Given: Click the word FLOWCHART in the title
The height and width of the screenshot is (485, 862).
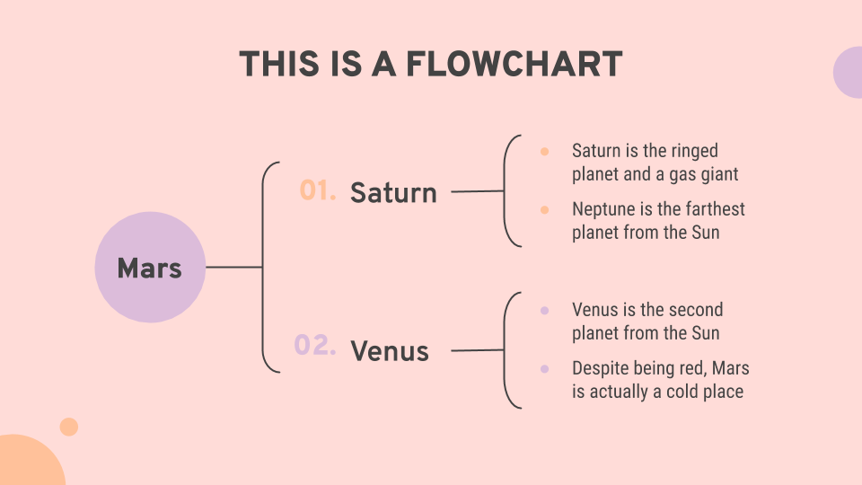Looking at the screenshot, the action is pyautogui.click(x=514, y=64).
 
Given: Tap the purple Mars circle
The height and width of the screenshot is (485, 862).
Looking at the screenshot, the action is pyautogui.click(x=150, y=268).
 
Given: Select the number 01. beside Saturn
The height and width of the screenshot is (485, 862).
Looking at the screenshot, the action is pyautogui.click(x=318, y=190).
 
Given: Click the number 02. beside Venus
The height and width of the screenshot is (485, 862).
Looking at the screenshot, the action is pyautogui.click(x=315, y=345).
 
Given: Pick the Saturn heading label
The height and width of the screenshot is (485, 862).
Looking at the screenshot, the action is pyautogui.click(x=393, y=192).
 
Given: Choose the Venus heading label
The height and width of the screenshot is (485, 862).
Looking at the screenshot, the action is pyautogui.click(x=390, y=351).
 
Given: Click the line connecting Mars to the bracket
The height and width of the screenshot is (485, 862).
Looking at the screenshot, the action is pyautogui.click(x=234, y=268).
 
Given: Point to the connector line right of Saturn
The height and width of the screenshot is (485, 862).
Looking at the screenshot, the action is pyautogui.click(x=478, y=191).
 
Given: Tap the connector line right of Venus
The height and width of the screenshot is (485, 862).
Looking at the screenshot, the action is pyautogui.click(x=478, y=349).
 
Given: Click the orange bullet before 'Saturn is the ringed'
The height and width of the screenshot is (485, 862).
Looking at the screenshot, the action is pyautogui.click(x=544, y=151).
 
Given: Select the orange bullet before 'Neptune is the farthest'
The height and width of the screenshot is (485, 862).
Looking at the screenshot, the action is pyautogui.click(x=544, y=209).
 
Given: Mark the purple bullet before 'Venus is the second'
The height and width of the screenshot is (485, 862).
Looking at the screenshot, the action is pyautogui.click(x=544, y=311).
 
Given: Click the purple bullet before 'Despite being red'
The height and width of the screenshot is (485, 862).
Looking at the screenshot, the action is pyautogui.click(x=544, y=369).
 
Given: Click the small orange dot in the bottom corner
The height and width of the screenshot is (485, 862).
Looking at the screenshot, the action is pyautogui.click(x=69, y=427).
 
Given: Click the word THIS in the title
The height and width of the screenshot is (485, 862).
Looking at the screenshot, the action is pyautogui.click(x=279, y=64).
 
